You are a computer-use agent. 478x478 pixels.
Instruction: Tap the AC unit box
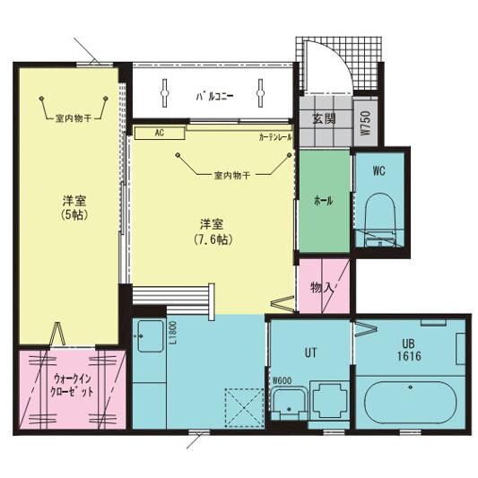[x=159, y=133]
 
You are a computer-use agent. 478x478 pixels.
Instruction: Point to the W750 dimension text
[x=364, y=122]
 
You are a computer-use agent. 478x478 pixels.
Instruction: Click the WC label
[x=379, y=171]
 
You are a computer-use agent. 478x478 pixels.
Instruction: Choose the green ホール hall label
[x=323, y=202]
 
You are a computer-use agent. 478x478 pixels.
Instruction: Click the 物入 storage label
[x=322, y=287]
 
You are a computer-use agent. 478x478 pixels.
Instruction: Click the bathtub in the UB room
[x=411, y=400]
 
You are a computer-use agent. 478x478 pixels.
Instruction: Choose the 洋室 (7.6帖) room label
[x=213, y=231]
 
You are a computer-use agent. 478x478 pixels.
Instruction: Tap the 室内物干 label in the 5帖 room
[x=74, y=117]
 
